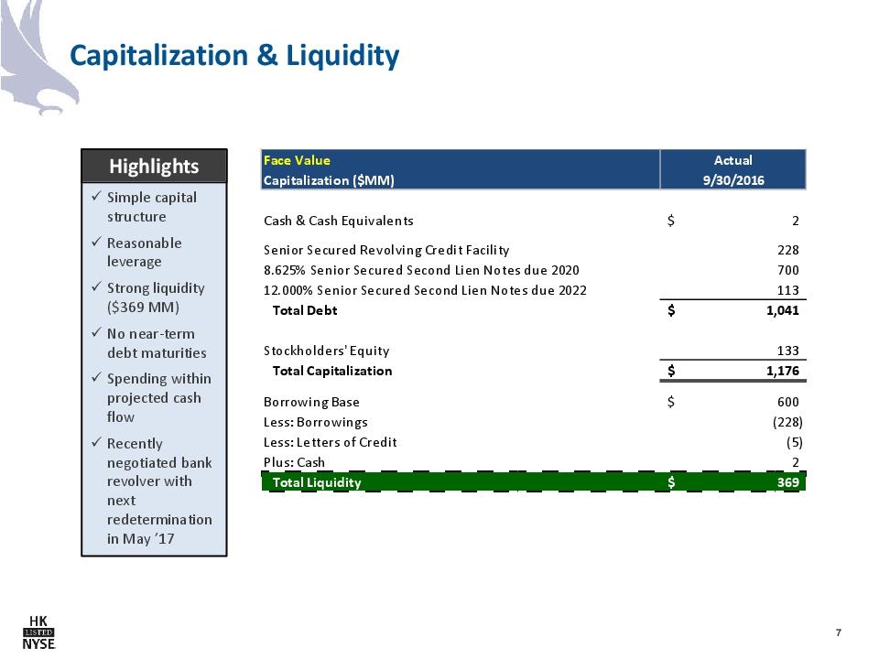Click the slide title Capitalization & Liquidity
point(234,56)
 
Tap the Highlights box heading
point(154,167)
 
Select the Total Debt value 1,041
point(783,310)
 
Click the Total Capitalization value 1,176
point(783,371)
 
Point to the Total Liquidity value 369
point(787,482)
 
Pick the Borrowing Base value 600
point(787,402)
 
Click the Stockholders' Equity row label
point(326,351)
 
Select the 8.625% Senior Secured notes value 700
point(787,270)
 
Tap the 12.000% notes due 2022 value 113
point(787,290)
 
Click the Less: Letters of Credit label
point(331,442)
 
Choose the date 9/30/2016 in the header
point(733,180)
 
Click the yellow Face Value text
point(297,160)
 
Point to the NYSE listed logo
point(38,632)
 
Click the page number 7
point(838,632)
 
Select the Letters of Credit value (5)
point(794,443)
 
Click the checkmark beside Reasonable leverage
point(96,242)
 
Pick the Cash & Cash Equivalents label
point(338,221)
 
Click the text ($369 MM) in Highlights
point(143,308)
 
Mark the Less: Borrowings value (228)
point(787,423)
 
